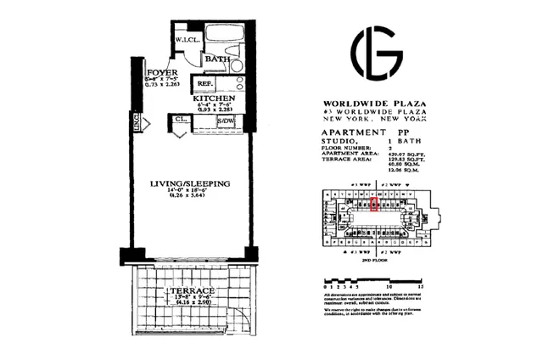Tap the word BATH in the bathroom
[220, 59]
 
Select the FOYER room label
[160, 73]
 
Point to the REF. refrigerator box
[205, 84]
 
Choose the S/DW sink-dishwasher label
[225, 121]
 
